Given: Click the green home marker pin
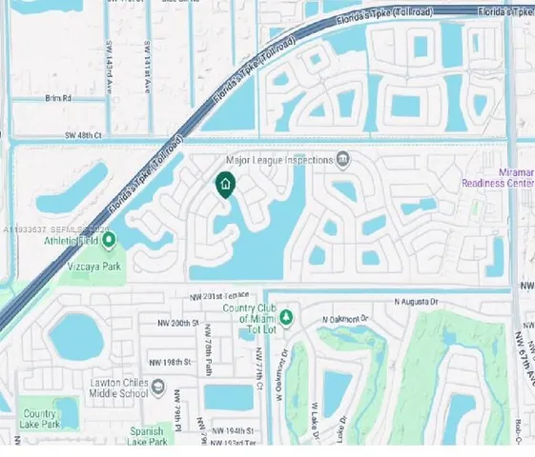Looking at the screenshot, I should [x=225, y=185].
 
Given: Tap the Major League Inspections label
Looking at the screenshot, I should [x=279, y=160].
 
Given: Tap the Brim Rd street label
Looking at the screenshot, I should [x=58, y=98].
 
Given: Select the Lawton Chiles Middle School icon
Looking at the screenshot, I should [x=158, y=388].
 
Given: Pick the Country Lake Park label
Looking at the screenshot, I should [x=40, y=419].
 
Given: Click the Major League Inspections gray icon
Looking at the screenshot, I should [x=341, y=159].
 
